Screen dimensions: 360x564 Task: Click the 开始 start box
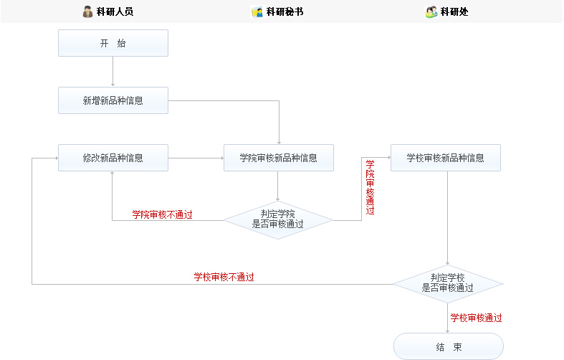[113, 43]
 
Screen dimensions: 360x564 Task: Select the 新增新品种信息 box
[113, 100]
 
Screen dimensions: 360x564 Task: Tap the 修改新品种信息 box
[113, 158]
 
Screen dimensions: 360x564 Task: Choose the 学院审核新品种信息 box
[278, 158]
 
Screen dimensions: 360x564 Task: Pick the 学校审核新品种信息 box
[445, 158]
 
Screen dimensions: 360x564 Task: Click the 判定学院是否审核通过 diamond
[278, 219]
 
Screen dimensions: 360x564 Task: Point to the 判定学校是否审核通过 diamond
[448, 283]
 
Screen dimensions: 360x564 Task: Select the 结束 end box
[448, 346]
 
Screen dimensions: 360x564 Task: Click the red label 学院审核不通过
[162, 214]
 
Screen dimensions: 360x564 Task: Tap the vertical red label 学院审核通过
[370, 187]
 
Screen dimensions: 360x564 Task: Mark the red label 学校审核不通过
[224, 277]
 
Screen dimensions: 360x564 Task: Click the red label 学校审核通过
[476, 318]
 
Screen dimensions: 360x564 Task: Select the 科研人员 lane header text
[115, 11]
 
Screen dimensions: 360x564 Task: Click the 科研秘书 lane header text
[285, 11]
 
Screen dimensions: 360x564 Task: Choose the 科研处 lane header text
[454, 11]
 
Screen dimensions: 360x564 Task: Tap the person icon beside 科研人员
[87, 11]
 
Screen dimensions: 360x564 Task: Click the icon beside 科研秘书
[257, 11]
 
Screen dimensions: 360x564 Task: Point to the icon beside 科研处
[431, 11]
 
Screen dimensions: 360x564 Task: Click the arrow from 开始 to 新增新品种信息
[113, 72]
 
